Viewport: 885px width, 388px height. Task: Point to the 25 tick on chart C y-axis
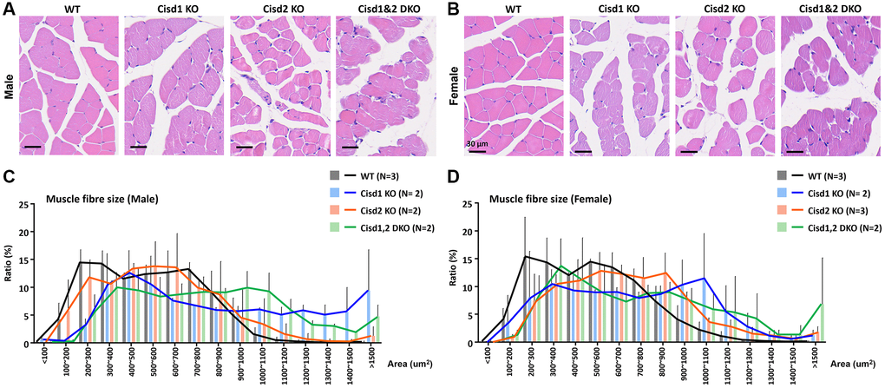(x=29, y=205)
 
